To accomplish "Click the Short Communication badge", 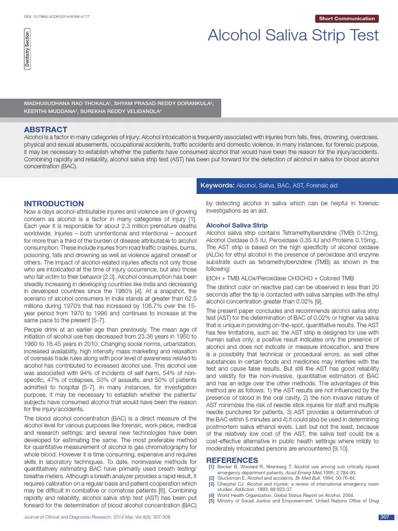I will pyautogui.click(x=347, y=19).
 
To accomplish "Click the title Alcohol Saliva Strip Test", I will pyautogui.click(x=293, y=36).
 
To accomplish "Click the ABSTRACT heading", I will pyautogui.click(x=46, y=129).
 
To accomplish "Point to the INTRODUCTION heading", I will pyautogui.click(x=54, y=204).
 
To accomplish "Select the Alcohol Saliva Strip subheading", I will pyautogui.click(x=237, y=226).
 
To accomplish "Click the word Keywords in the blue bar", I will pyautogui.click(x=217, y=185).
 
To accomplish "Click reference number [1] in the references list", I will pyautogui.click(x=211, y=467).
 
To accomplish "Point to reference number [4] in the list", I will pyautogui.click(x=211, y=495).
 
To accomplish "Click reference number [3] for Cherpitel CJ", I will pyautogui.click(x=211, y=484).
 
